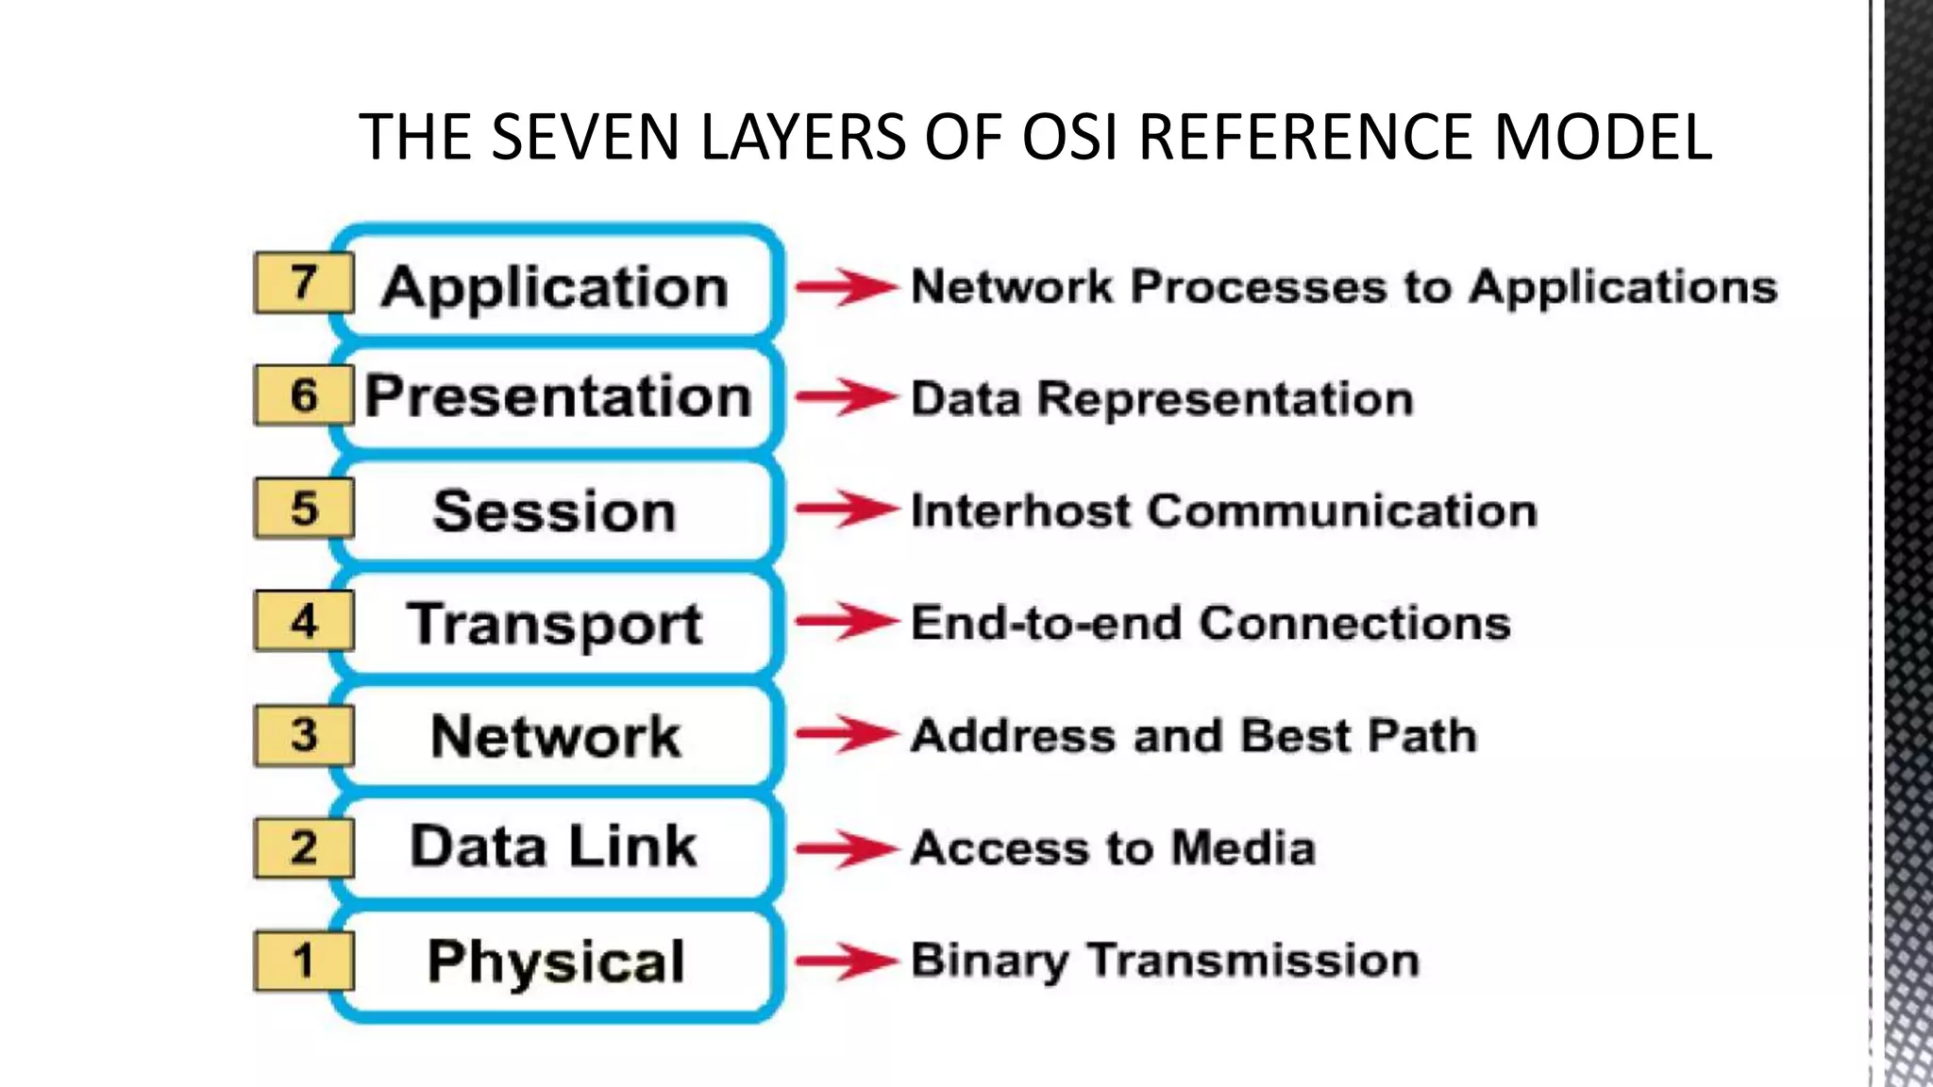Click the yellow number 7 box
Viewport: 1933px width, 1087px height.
tap(303, 283)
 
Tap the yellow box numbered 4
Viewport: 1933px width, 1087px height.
tap(303, 622)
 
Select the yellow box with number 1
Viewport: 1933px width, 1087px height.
tap(303, 962)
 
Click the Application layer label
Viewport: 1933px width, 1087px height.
tap(555, 287)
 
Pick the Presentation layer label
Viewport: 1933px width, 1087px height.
tap(558, 396)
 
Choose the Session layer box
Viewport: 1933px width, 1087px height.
tap(555, 511)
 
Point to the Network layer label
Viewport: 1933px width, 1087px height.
tap(555, 736)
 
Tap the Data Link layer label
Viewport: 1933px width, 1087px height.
tap(554, 846)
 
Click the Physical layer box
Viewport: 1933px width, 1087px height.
tap(556, 962)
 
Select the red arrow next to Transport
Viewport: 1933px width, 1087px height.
tap(845, 622)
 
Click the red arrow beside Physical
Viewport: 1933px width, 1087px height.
tap(845, 962)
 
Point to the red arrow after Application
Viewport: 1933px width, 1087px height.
tap(845, 286)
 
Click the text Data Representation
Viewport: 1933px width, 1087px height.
tap(1162, 399)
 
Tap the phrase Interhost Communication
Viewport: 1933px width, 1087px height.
tap(1223, 511)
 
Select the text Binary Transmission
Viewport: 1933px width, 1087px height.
tap(1165, 962)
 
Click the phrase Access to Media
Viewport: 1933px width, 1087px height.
tap(1113, 848)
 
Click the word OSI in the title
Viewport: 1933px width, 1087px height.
tap(1072, 138)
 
